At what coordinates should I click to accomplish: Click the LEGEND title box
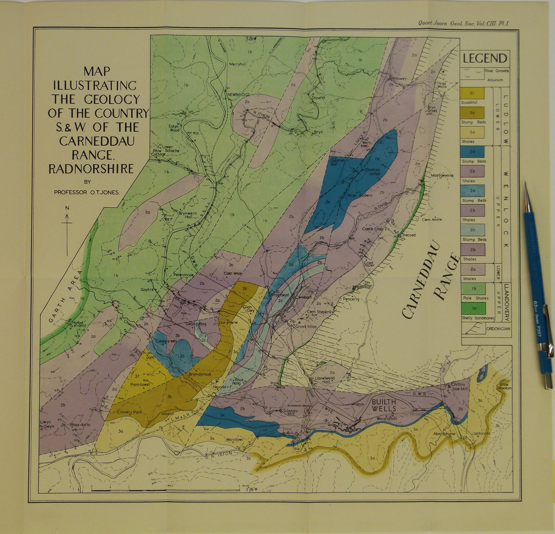(485, 59)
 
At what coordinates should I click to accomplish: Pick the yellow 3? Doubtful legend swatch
(473, 92)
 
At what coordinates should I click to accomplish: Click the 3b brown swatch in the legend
(473, 112)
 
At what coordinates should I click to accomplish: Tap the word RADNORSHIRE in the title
(91, 169)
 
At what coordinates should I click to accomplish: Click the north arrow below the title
(68, 231)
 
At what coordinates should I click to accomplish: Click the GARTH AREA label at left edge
(63, 296)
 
